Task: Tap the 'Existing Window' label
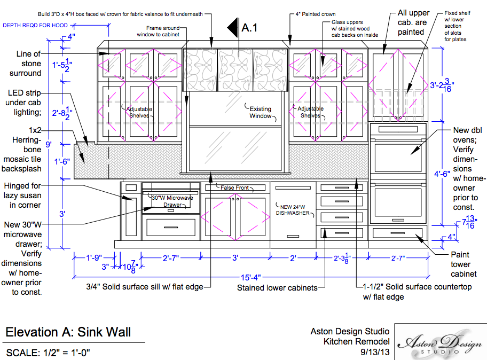(x=261, y=112)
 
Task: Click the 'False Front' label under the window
(x=235, y=187)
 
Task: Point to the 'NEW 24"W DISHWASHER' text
(x=293, y=209)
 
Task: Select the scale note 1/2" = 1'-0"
(x=48, y=353)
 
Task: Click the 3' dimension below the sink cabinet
(x=234, y=257)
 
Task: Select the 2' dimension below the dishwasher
(x=293, y=257)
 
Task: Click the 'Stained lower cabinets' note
(x=277, y=288)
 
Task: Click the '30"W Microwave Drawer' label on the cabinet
(x=171, y=201)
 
